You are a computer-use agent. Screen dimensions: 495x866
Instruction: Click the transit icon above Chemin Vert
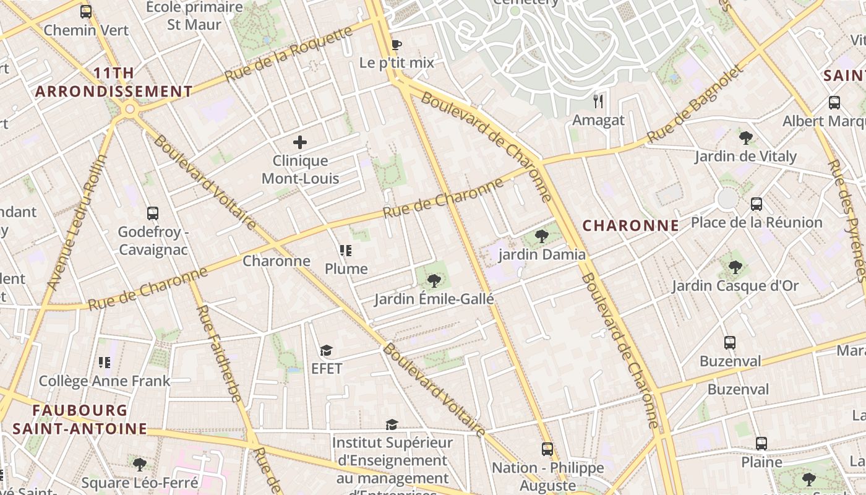(86, 11)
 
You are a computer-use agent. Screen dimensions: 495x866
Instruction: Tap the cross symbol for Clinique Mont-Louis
(300, 142)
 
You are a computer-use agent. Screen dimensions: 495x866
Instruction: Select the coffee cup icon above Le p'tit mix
(397, 45)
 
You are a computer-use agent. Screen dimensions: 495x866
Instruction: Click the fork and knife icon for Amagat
(598, 101)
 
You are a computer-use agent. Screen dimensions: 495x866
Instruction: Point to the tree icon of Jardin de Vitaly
(745, 137)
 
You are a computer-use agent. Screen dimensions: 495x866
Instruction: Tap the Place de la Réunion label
(756, 222)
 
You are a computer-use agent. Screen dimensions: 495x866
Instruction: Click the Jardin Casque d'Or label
(735, 286)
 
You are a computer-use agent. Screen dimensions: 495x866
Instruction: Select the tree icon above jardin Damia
(542, 236)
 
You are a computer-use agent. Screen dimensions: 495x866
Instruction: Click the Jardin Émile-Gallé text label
(434, 299)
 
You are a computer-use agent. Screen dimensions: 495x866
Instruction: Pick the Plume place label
(346, 269)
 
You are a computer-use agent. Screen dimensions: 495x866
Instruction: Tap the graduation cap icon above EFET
(327, 351)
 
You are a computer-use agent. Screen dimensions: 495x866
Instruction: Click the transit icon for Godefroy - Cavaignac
(153, 213)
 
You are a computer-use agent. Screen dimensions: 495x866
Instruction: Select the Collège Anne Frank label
(104, 381)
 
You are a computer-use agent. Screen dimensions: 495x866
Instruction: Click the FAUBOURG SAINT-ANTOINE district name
(80, 419)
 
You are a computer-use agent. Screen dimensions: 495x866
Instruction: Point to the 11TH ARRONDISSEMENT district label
(114, 82)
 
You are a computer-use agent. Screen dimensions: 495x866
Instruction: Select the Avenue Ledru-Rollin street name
(78, 223)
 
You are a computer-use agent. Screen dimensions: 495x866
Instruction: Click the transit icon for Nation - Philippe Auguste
(547, 449)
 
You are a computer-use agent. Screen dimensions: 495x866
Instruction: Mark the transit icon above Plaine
(761, 444)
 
